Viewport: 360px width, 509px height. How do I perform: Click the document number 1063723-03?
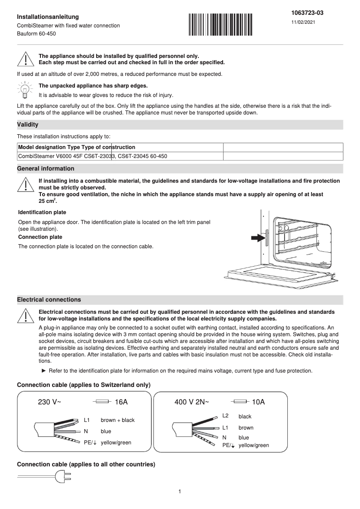(307, 13)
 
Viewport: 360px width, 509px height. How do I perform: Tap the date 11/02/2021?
(303, 22)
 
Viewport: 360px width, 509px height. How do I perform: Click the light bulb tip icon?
(25, 89)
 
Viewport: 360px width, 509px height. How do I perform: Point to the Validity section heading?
(27, 124)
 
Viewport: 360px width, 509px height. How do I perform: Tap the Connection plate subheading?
(40, 237)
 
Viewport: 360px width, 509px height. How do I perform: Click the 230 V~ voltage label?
(49, 402)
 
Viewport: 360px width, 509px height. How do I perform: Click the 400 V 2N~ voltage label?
(192, 402)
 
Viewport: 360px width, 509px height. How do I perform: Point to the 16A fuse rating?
(121, 402)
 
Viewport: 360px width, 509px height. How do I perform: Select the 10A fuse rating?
(259, 402)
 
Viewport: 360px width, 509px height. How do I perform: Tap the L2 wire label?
(225, 416)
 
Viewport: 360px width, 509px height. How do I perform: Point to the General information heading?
(46, 169)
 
